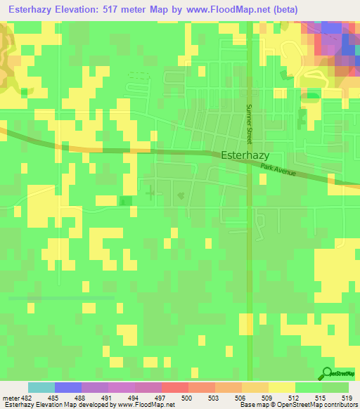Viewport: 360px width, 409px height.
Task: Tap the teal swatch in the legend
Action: click(x=41, y=387)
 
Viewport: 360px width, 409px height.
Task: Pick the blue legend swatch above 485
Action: click(x=67, y=387)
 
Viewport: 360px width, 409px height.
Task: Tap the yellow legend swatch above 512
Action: click(x=281, y=387)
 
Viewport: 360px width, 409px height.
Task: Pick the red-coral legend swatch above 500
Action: click(x=174, y=387)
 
